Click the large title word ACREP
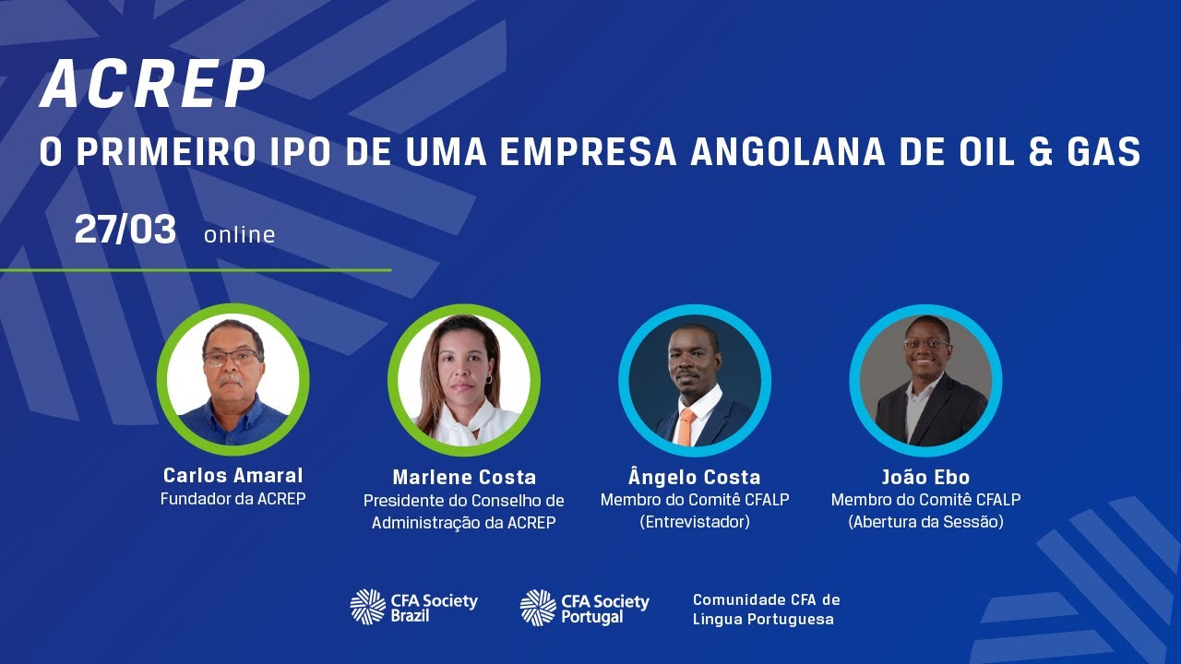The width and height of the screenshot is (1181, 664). tap(153, 86)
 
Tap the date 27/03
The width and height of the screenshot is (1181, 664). tap(125, 231)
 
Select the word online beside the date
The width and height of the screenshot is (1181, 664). tap(240, 235)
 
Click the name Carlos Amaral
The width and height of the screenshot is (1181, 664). tap(233, 476)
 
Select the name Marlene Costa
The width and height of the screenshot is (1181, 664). tap(464, 478)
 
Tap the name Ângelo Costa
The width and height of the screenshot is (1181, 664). tap(695, 478)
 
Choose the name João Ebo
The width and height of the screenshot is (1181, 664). tap(925, 478)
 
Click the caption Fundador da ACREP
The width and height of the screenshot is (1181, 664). tap(233, 500)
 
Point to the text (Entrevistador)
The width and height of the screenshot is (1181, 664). tap(695, 523)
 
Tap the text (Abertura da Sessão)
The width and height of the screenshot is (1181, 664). tap(925, 523)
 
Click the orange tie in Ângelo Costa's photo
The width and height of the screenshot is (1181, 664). tap(686, 426)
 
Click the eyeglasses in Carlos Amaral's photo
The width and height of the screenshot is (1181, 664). tap(232, 357)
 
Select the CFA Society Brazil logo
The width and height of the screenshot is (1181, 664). tap(413, 607)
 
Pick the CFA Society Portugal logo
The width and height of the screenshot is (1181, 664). tap(585, 607)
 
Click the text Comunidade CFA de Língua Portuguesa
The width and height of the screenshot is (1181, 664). tap(766, 610)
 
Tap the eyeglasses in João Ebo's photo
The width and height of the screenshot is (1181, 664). tap(926, 344)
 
